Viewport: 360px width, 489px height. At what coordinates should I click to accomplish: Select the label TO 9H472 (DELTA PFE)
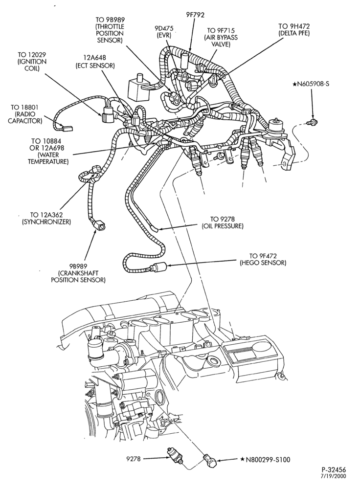coord(294,30)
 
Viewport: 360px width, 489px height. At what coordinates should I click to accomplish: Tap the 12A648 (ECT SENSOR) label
coord(95,62)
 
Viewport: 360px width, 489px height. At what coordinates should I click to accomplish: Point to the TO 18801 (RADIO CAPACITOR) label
coord(25,114)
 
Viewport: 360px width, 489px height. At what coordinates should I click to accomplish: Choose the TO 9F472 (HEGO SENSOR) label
coord(263,259)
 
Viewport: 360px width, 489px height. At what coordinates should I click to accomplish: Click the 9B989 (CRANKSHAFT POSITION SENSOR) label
coord(78,273)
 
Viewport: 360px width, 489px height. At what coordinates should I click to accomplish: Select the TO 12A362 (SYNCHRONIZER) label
coord(46,218)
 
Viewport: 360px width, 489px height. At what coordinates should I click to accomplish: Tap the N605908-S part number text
coord(311,84)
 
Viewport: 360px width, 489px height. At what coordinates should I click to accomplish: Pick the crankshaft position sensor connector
coord(99,226)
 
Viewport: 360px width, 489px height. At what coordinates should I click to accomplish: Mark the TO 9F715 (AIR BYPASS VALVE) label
coord(221,37)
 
